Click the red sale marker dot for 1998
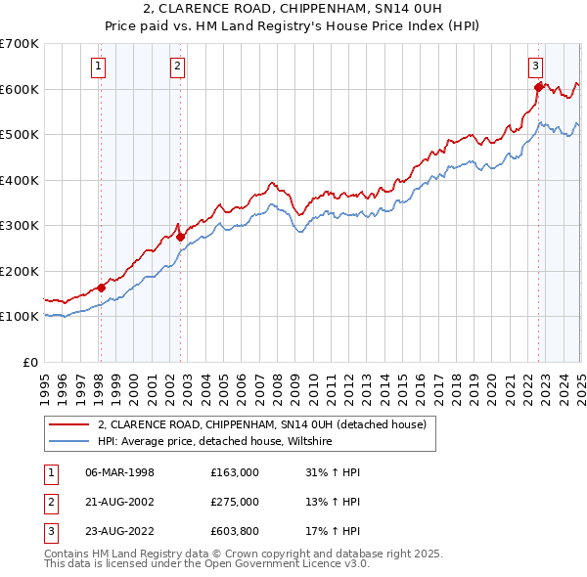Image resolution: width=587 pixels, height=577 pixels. point(101,288)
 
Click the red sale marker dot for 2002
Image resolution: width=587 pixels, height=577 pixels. point(180,237)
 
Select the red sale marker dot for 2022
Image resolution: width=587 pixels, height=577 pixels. point(538,87)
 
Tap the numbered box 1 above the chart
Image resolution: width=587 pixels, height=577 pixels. point(100,67)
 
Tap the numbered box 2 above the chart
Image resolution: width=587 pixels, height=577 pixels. point(177,67)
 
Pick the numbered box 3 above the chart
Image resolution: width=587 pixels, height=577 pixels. point(536,67)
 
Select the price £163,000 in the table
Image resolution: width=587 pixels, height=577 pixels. point(235,472)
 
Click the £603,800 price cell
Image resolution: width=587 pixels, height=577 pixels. point(235,531)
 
